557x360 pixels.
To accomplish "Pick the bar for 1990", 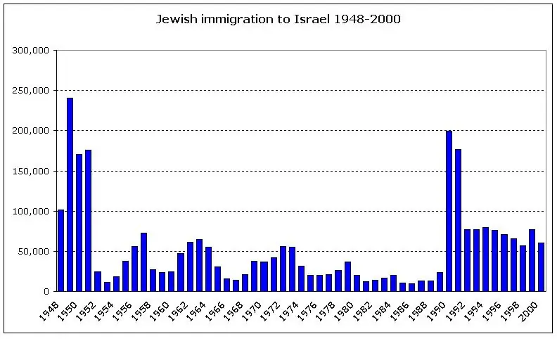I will [x=449, y=211].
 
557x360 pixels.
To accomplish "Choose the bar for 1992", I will [x=467, y=260].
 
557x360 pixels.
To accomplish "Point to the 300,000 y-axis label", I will [x=30, y=51].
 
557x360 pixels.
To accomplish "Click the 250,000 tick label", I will [x=30, y=91].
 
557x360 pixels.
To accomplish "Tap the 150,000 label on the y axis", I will [x=30, y=171].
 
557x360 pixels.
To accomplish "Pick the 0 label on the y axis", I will [x=46, y=291].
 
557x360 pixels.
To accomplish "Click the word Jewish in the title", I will [x=173, y=19].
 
